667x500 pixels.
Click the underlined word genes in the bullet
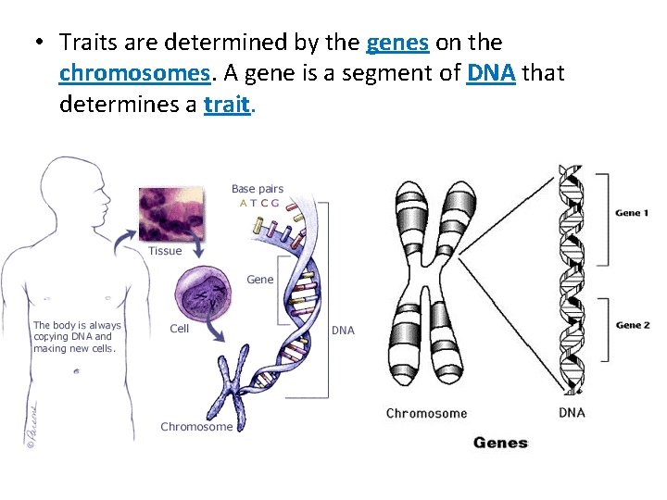[x=398, y=44]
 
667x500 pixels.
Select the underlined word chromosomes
[x=133, y=74]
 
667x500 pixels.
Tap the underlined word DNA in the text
[x=491, y=74]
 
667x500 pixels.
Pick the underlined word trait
[x=227, y=105]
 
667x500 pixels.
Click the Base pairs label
[x=257, y=189]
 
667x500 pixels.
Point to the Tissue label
[x=165, y=251]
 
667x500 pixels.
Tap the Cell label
[x=179, y=328]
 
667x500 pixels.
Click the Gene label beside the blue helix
[x=259, y=279]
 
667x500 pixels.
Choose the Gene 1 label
[x=632, y=214]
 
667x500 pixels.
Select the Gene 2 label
[x=633, y=325]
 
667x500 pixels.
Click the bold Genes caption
[x=500, y=443]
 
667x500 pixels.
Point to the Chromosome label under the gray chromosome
[x=426, y=413]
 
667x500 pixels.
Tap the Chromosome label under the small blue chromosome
[x=196, y=427]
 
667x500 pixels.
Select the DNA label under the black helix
[x=572, y=412]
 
